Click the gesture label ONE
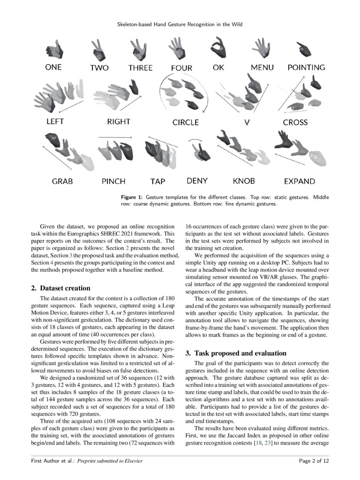tap(54, 68)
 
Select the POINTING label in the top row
tap(306, 68)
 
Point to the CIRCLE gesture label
tap(185, 122)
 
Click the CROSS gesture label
tap(295, 122)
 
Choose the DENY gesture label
tap(197, 180)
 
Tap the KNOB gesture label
tap(244, 181)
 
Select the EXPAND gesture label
tap(299, 181)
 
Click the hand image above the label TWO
tap(98, 50)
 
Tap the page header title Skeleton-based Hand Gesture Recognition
tap(180, 25)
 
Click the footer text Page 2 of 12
tap(314, 460)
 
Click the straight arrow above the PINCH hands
tap(112, 137)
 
